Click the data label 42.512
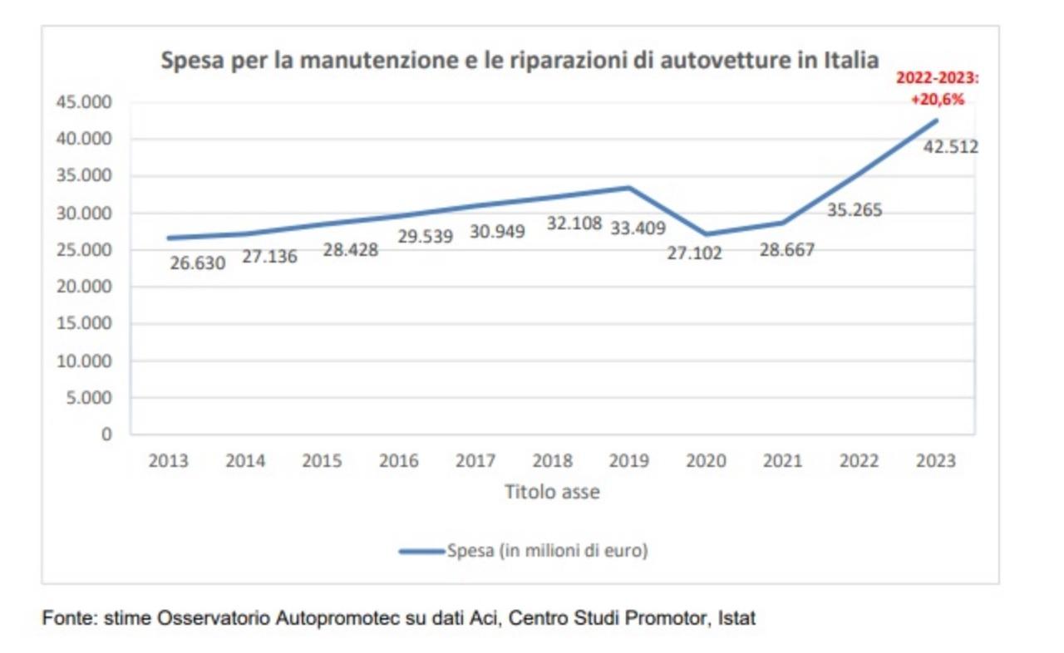pos(951,147)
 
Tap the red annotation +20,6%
pos(936,99)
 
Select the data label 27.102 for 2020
pos(694,253)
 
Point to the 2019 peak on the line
pos(629,188)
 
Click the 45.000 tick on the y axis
pos(82,102)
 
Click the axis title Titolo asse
pos(552,492)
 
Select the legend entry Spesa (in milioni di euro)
pos(547,551)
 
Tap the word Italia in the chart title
pos(851,61)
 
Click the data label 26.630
pos(197,264)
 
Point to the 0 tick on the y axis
pos(106,435)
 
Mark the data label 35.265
pos(855,210)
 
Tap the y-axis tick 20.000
pos(82,287)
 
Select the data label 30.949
pos(497,232)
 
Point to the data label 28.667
pos(786,250)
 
